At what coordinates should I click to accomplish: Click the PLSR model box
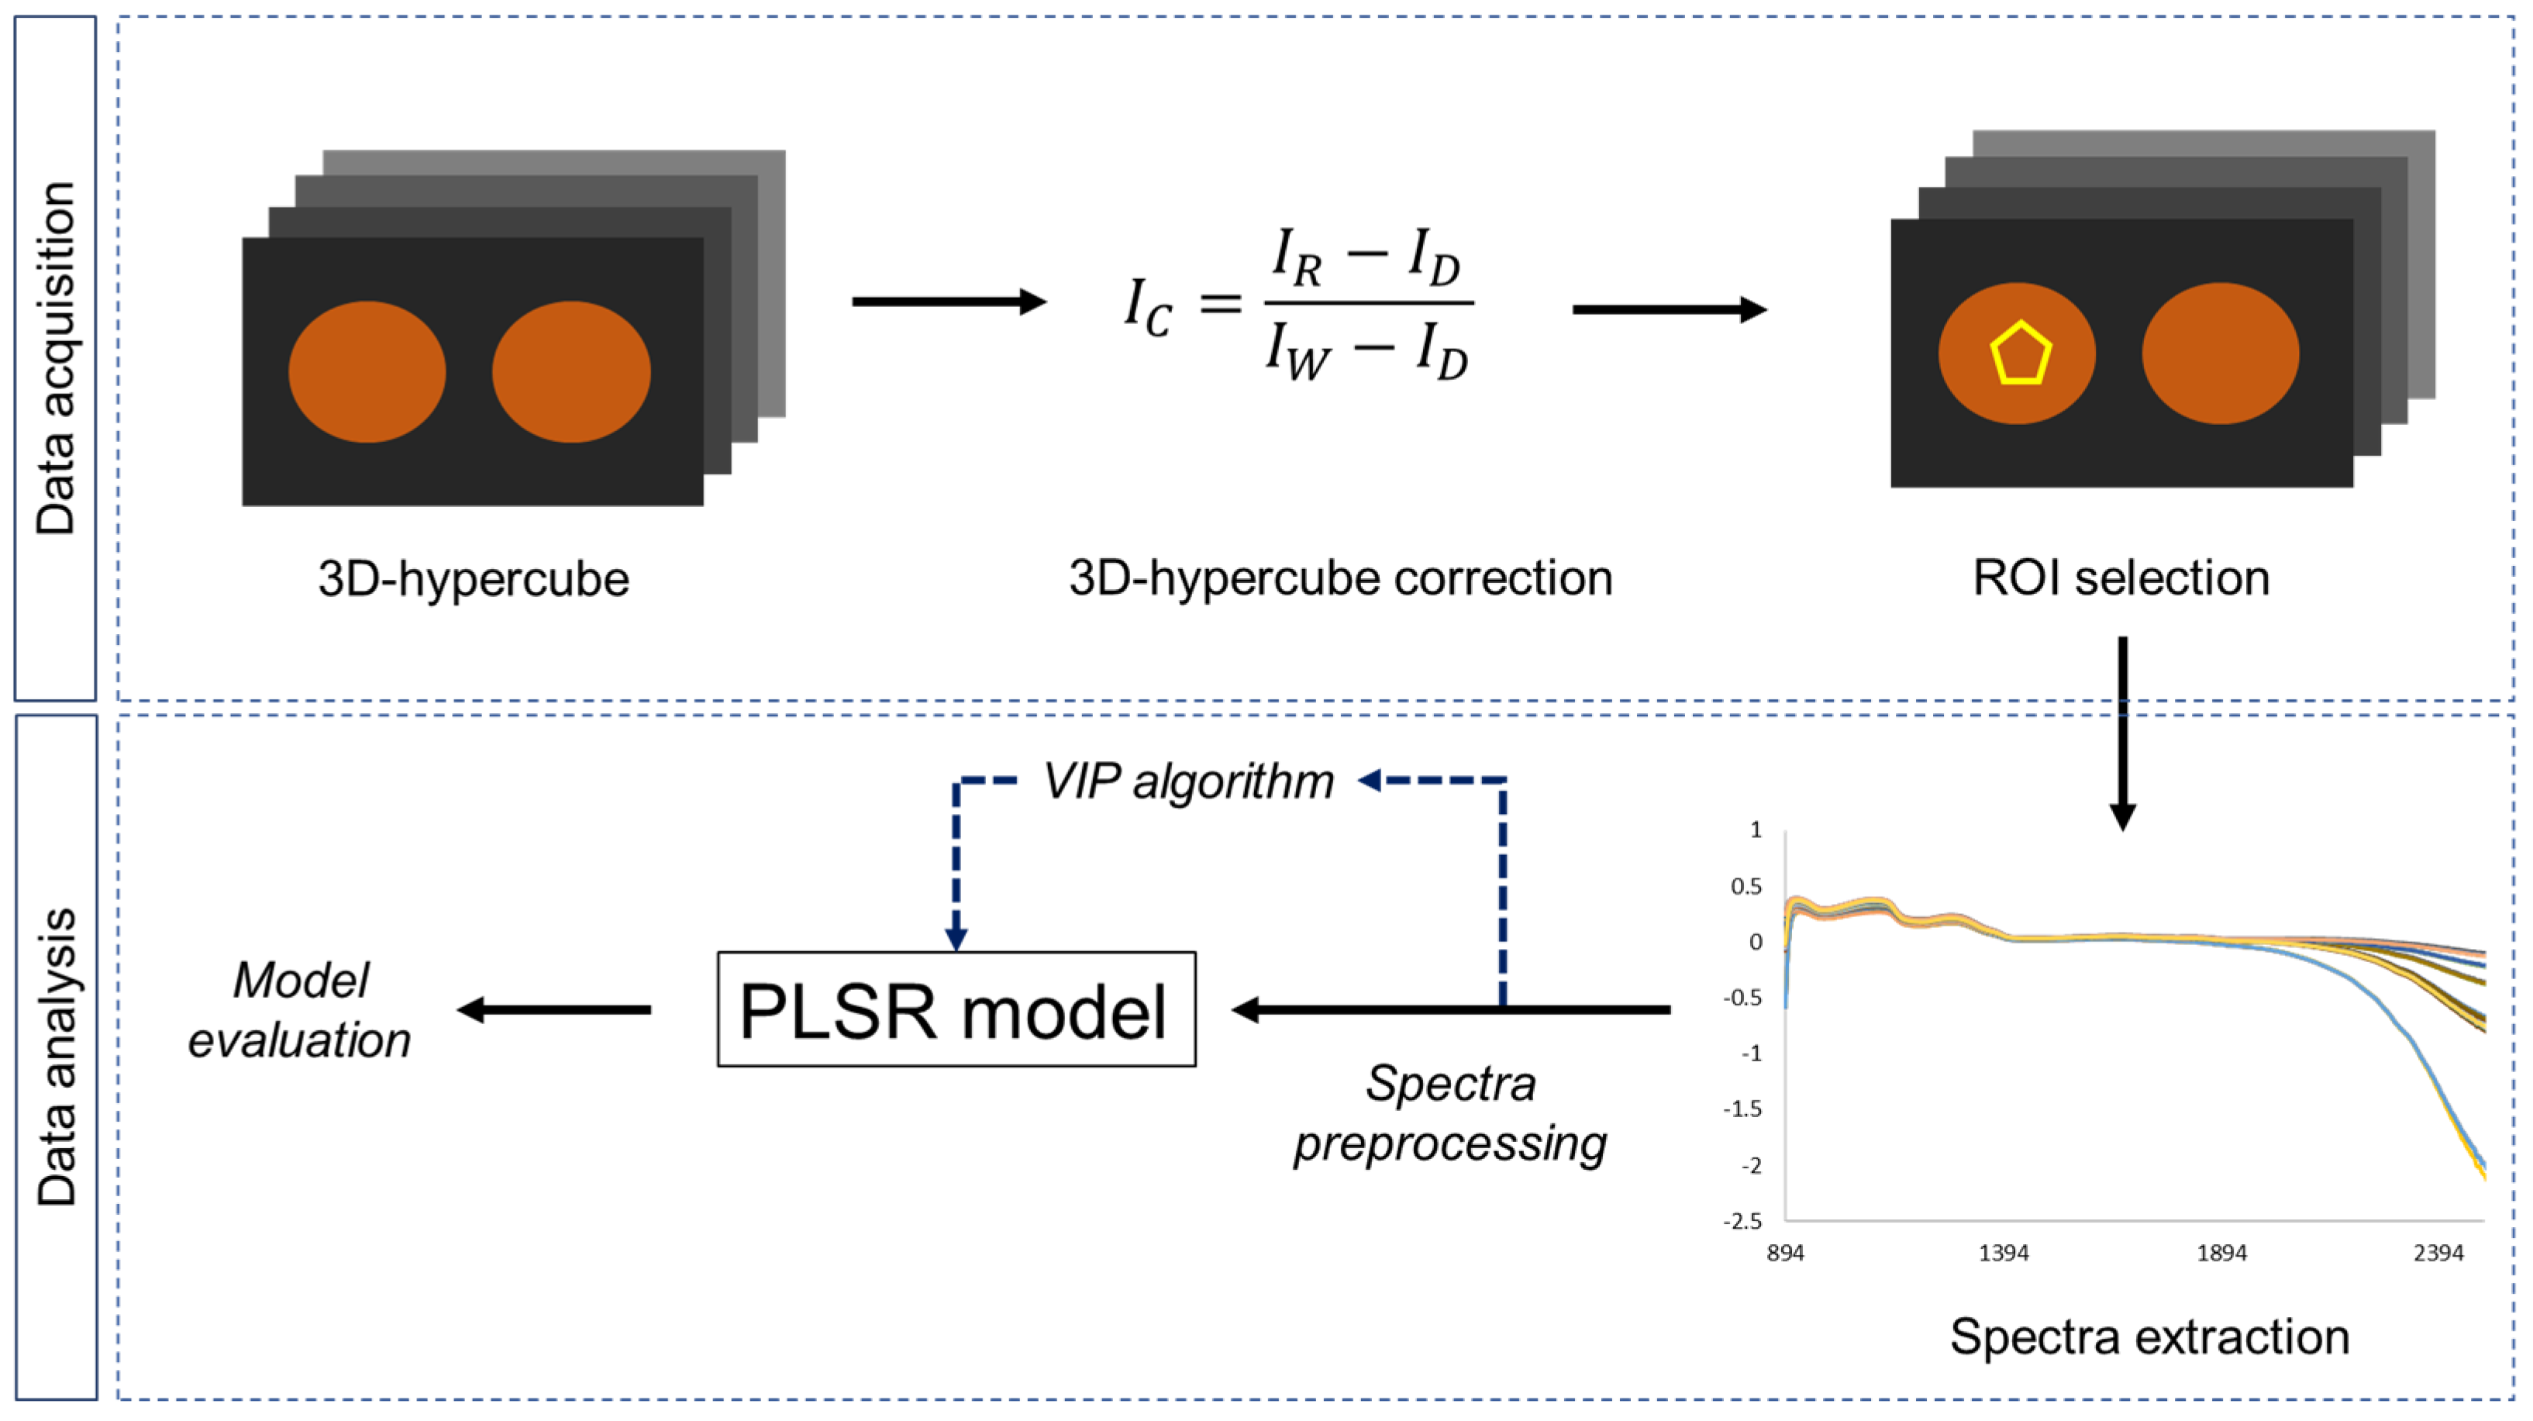(x=956, y=1009)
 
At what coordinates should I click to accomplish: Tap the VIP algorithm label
(x=1188, y=781)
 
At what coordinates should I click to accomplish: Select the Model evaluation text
(x=300, y=1010)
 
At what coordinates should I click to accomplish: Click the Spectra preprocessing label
(x=1450, y=1113)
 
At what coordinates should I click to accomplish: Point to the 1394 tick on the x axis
(x=2003, y=1253)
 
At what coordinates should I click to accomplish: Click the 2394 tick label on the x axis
(x=2438, y=1253)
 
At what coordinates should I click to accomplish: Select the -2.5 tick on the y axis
(x=1742, y=1220)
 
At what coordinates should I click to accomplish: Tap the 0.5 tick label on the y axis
(x=1746, y=886)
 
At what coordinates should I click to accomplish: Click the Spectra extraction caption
(x=2149, y=1336)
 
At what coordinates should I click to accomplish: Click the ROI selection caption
(x=2121, y=578)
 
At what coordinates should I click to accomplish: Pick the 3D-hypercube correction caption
(x=1340, y=578)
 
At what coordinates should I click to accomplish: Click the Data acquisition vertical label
(x=56, y=358)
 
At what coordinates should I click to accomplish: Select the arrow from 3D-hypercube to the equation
(x=948, y=301)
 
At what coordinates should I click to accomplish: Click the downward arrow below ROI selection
(x=2122, y=733)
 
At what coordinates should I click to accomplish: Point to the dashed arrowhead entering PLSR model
(x=956, y=938)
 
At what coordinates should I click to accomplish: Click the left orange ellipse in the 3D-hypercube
(x=367, y=371)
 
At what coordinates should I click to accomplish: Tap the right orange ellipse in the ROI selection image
(x=2221, y=353)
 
